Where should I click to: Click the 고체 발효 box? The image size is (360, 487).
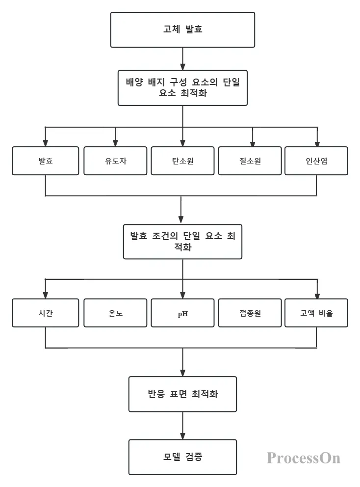tap(182, 30)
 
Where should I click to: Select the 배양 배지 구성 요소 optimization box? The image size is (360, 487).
tap(182, 88)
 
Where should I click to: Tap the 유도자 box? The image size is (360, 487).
tap(115, 161)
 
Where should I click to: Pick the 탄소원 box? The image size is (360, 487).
tap(182, 161)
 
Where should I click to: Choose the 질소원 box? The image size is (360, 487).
tap(250, 161)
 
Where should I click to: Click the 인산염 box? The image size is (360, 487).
tap(316, 161)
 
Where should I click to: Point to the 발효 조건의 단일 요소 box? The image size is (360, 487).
tap(182, 242)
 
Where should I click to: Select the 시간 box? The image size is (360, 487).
tap(45, 313)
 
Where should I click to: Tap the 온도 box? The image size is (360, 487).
tap(115, 313)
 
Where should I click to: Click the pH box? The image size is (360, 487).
tap(182, 313)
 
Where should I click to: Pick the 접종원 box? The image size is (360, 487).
tap(250, 313)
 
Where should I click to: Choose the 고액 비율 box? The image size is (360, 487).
tap(316, 313)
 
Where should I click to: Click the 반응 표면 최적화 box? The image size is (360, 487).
tap(182, 394)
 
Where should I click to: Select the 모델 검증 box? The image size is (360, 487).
tap(182, 457)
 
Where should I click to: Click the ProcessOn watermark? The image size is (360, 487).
tap(304, 458)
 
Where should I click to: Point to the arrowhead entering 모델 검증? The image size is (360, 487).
tap(182, 436)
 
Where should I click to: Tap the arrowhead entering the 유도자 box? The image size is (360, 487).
tap(115, 143)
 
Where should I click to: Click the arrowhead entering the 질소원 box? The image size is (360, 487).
tap(252, 143)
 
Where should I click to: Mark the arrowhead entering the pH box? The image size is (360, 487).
tap(182, 296)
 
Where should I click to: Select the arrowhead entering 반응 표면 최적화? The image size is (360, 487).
tap(182, 373)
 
